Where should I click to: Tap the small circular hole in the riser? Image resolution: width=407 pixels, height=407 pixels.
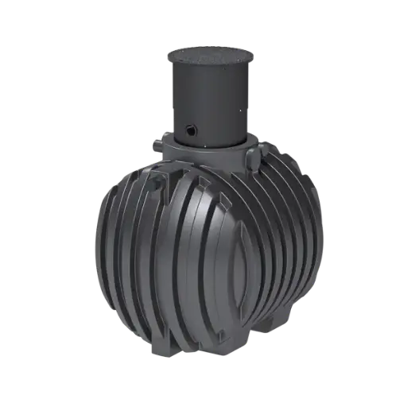(x=192, y=127)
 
